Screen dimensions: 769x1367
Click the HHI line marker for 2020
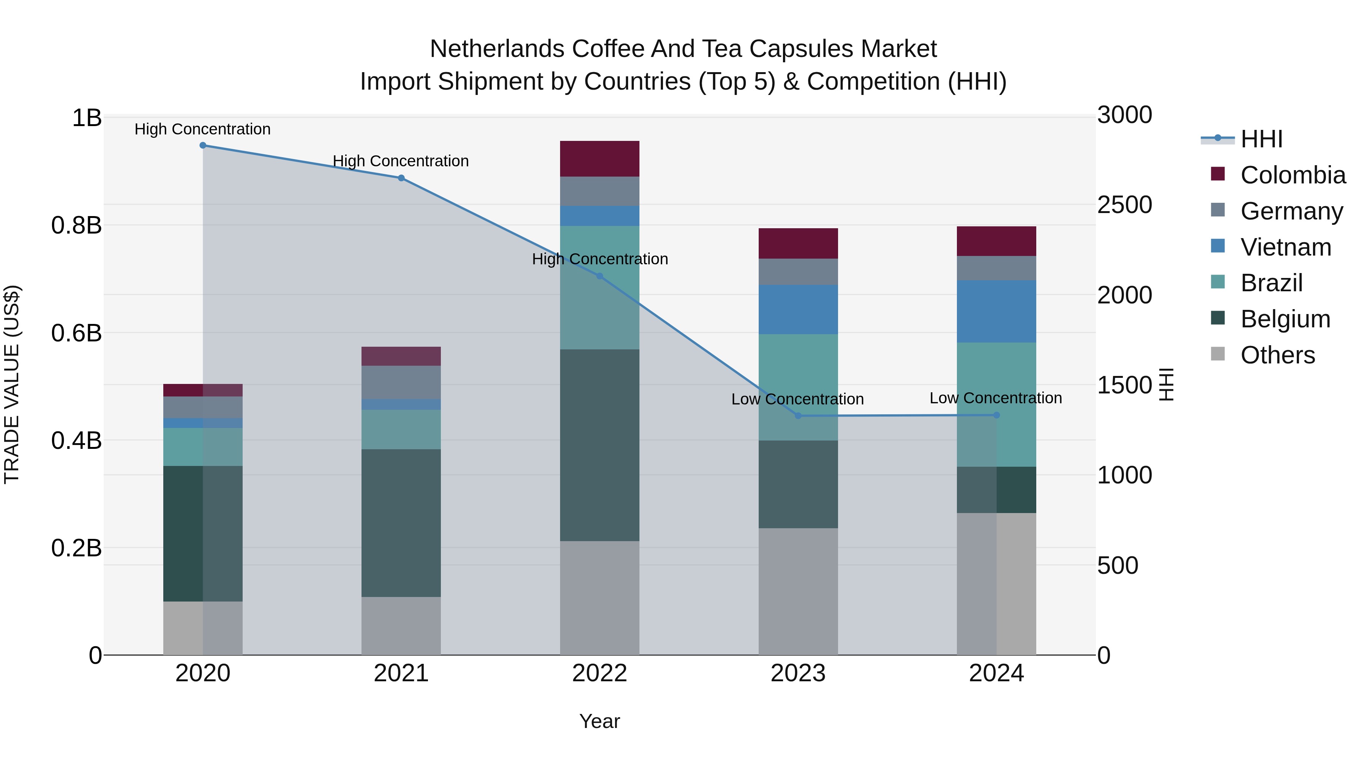point(203,145)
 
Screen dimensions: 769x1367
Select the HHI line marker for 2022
point(600,276)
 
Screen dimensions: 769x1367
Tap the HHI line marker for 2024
point(996,415)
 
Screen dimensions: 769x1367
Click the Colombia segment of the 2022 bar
point(600,159)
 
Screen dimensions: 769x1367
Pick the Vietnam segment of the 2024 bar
point(996,311)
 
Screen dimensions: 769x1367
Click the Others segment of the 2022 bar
point(600,598)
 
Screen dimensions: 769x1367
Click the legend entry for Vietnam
point(1285,247)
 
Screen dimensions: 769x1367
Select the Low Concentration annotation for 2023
point(797,399)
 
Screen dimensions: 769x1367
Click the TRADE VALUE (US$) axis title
point(12,384)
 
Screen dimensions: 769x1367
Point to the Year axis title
point(600,721)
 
